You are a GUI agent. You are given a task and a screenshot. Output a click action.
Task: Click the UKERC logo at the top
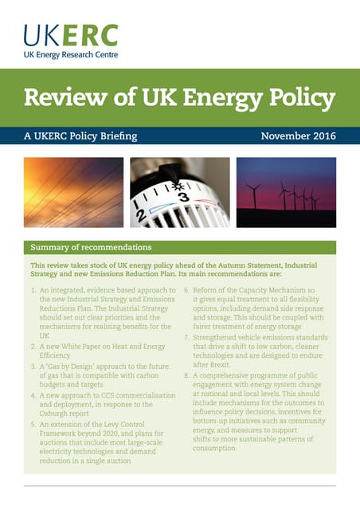[70, 36]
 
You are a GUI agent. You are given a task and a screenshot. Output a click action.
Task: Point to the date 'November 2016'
[298, 136]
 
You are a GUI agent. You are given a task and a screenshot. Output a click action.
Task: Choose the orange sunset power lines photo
[73, 192]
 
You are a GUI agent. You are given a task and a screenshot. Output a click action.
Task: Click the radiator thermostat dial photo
[179, 192]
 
